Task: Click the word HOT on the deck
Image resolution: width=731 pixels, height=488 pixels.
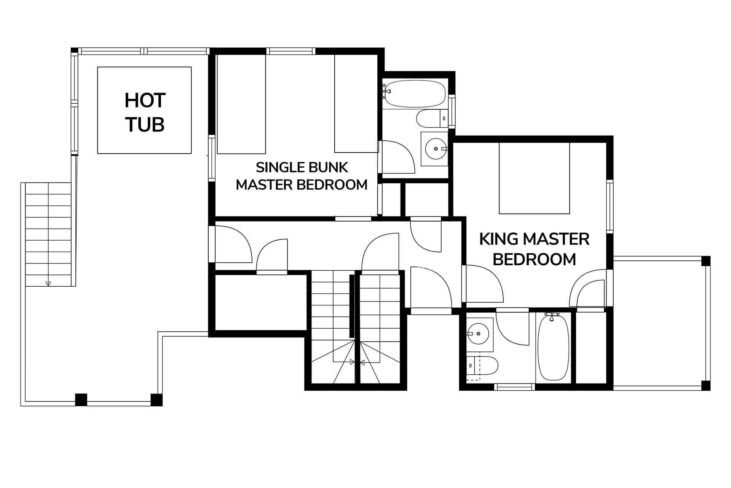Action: click(x=145, y=101)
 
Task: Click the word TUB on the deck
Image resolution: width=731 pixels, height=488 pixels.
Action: click(x=145, y=125)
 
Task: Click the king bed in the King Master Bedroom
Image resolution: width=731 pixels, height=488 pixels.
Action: click(x=534, y=178)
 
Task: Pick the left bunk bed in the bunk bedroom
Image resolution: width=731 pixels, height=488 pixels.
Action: click(x=241, y=104)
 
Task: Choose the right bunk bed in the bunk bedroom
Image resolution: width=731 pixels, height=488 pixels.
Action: click(x=356, y=103)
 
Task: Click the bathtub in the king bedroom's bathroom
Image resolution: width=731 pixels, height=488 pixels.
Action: click(x=553, y=347)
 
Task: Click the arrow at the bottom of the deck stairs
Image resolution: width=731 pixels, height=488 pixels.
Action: click(x=48, y=283)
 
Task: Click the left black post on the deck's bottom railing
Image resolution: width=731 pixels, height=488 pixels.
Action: click(x=81, y=400)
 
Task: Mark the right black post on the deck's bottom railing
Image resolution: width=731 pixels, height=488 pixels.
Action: click(x=156, y=400)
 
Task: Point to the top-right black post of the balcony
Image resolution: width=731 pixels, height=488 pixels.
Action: click(x=706, y=261)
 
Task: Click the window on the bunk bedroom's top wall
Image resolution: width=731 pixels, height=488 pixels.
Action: click(x=291, y=51)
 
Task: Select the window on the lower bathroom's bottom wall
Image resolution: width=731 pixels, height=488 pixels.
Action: click(x=515, y=387)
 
